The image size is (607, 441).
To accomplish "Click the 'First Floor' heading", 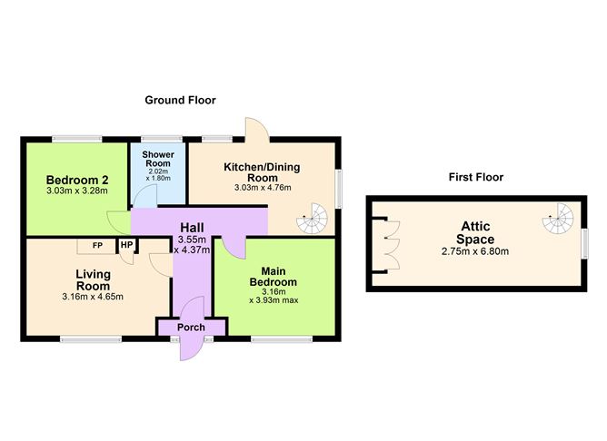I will coord(475,177).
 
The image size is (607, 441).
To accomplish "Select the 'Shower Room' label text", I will coord(158,160).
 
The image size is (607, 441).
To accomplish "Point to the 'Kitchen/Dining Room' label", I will coord(262,172).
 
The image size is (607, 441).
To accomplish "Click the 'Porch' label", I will coord(192,327).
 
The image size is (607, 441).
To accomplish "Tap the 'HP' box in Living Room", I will coord(126,245).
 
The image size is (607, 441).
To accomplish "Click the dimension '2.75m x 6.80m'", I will coord(474,251).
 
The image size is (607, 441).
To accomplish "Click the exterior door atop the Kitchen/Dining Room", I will coord(254,130).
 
